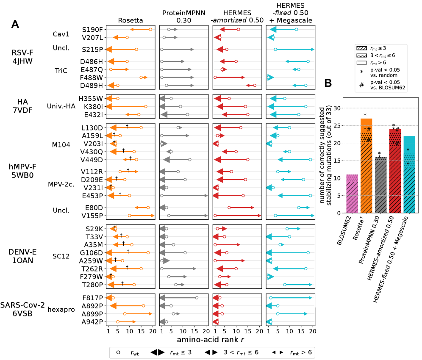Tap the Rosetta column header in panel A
click(x=130, y=19)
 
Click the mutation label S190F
click(x=92, y=30)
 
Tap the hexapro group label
click(x=61, y=310)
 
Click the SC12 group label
click(x=61, y=256)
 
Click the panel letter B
click(x=328, y=84)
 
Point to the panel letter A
click(x=15, y=25)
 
